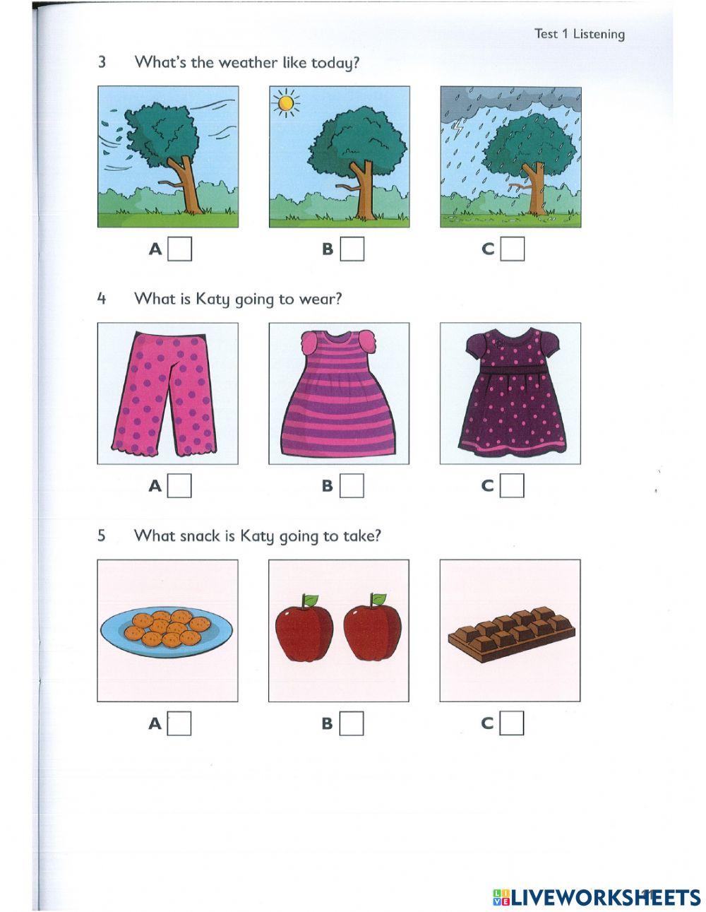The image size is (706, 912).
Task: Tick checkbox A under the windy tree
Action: [x=179, y=249]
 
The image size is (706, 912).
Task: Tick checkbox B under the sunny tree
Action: [x=352, y=249]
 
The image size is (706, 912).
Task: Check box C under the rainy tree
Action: [x=512, y=249]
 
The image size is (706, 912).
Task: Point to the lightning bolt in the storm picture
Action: [x=460, y=127]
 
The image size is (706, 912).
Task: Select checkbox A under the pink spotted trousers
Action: [x=179, y=486]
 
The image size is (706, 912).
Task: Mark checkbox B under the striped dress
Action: [x=352, y=486]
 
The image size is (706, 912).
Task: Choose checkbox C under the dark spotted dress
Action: [x=512, y=486]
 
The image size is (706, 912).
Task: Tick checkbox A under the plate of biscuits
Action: [x=179, y=723]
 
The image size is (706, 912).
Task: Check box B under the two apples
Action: [x=352, y=723]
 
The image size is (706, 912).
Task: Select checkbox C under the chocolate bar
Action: [x=512, y=723]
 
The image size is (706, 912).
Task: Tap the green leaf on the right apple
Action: [x=379, y=600]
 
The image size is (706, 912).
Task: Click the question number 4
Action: [x=102, y=299]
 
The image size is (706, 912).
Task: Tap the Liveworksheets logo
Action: [x=597, y=897]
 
